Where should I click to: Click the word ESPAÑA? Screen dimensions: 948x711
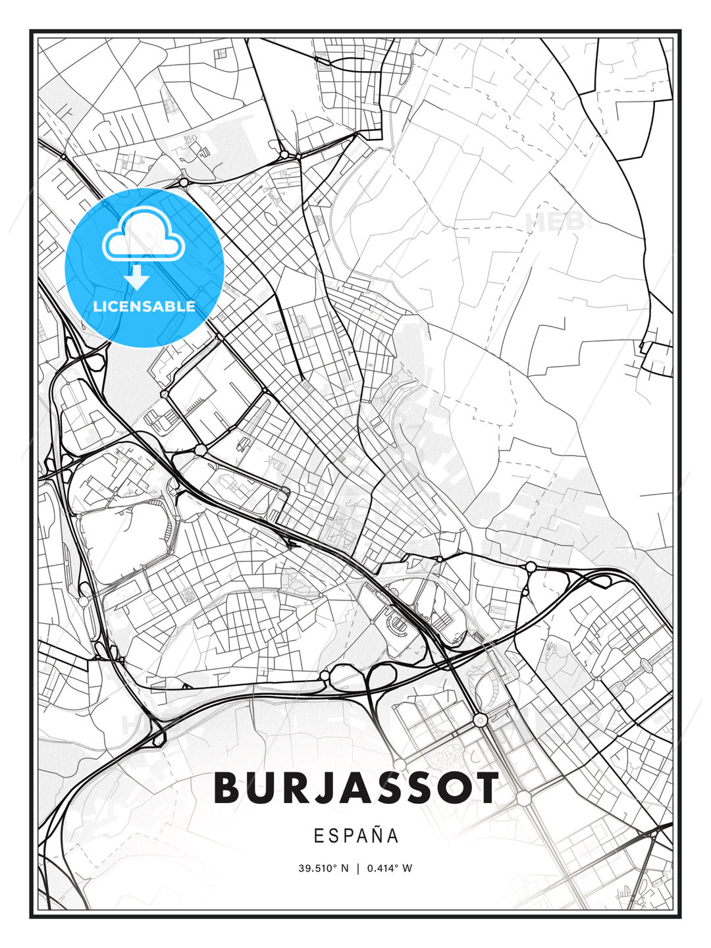355,835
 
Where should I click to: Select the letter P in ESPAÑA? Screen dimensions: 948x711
348,835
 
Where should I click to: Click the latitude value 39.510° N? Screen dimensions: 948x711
323,868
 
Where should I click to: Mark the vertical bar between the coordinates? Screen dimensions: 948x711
357,868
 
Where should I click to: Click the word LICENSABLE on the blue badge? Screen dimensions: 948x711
144,306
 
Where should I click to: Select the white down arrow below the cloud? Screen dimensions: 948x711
138,277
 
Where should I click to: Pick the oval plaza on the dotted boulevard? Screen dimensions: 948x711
646,666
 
